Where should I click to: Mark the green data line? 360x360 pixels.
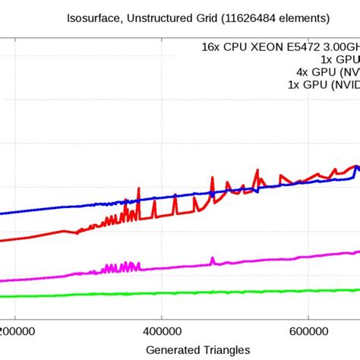(x=190, y=293)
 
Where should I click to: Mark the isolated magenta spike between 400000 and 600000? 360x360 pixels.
(x=213, y=260)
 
